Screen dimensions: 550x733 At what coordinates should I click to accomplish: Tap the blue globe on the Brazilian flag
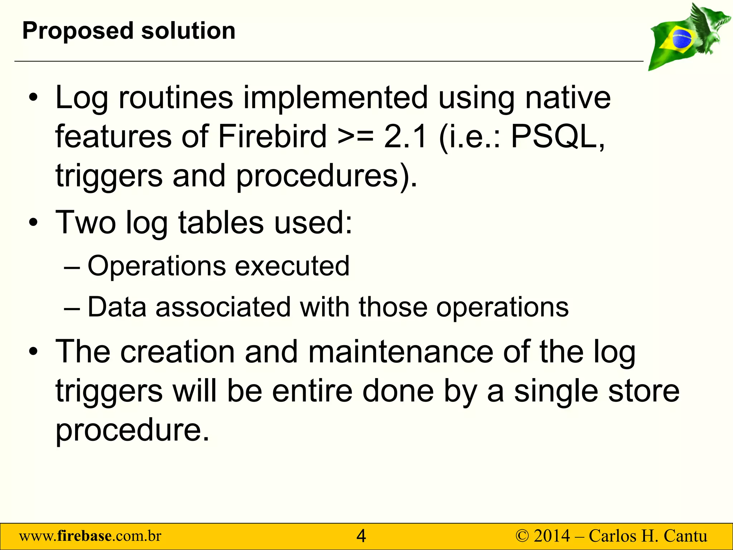click(x=682, y=39)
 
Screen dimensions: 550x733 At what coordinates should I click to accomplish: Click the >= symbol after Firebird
click(x=355, y=137)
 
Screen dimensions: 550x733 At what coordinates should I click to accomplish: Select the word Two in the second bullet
click(x=86, y=222)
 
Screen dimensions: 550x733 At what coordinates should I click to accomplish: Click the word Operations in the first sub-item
click(x=157, y=266)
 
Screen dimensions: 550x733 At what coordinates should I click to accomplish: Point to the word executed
click(x=292, y=266)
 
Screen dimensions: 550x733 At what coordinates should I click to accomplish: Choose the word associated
click(x=223, y=307)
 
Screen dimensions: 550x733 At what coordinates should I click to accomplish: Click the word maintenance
click(x=401, y=352)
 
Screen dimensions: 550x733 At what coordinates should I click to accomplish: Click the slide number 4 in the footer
click(x=361, y=536)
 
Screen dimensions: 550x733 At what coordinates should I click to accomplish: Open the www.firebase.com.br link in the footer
click(x=90, y=536)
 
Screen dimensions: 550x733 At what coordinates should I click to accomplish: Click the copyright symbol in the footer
click(x=522, y=536)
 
